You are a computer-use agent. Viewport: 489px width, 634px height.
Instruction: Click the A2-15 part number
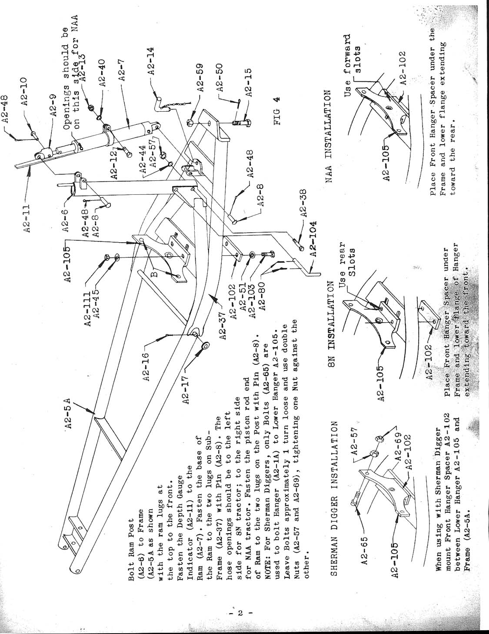(248, 83)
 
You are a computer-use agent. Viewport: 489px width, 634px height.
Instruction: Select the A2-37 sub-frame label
(223, 325)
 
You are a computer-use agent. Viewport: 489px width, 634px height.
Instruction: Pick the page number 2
(239, 613)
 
